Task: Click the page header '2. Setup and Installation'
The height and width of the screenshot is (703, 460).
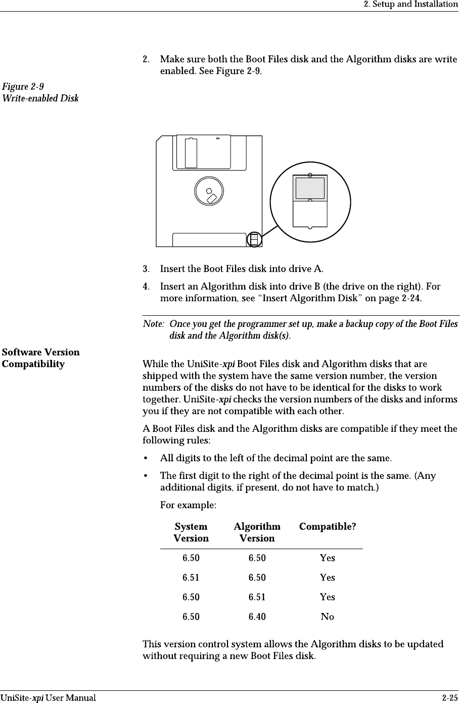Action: tap(411, 5)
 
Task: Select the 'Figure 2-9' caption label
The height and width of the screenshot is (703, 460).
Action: tap(23, 86)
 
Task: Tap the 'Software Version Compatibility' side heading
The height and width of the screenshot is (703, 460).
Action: tap(40, 358)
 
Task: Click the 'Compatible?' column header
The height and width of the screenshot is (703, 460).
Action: tap(328, 526)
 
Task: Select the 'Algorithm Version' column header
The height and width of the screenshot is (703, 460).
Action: tap(257, 532)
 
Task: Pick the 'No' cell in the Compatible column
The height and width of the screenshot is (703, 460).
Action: tap(328, 616)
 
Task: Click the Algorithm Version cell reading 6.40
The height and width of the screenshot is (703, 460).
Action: tap(257, 616)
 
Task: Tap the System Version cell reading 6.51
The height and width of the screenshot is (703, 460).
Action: tap(191, 577)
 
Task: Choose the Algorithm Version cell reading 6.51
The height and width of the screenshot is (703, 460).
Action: tap(257, 597)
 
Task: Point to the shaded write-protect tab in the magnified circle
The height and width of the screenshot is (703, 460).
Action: tap(310, 188)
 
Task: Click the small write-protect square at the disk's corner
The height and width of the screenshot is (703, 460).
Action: tap(255, 239)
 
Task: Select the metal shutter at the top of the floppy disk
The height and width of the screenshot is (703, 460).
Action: tap(202, 151)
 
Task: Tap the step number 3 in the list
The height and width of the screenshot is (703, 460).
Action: tap(146, 268)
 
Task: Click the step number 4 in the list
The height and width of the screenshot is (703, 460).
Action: tap(146, 286)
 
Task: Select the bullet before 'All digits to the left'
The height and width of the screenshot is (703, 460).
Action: tap(146, 459)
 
